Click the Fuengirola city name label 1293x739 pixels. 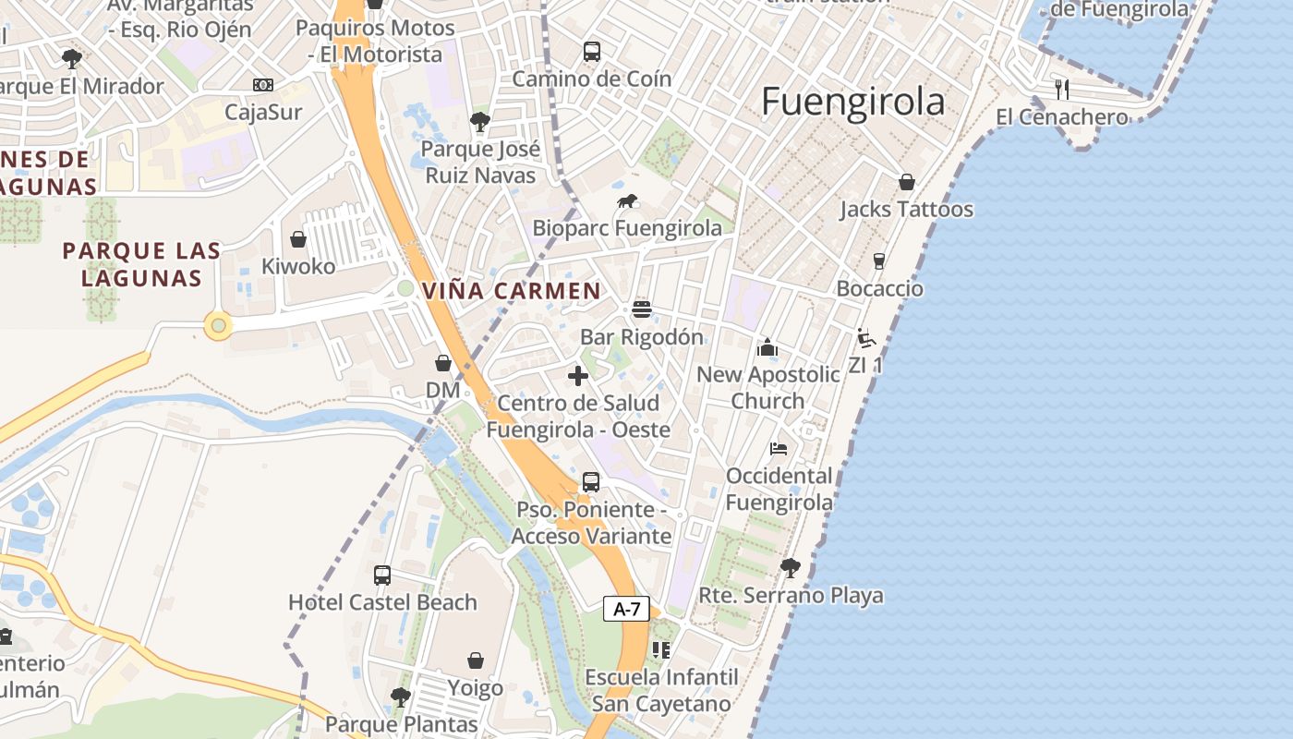(x=852, y=102)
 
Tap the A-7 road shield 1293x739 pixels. (x=627, y=609)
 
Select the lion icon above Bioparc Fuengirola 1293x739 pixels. (x=627, y=201)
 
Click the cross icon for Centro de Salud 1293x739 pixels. (x=578, y=376)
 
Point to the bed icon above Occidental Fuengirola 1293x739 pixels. (x=779, y=449)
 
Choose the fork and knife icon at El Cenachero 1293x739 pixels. (x=1062, y=89)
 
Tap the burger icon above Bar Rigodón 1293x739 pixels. (x=642, y=309)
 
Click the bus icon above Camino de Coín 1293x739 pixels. (x=592, y=52)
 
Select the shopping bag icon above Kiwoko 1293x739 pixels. (x=298, y=239)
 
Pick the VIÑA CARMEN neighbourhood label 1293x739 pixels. (x=512, y=291)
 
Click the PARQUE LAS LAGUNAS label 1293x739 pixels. (x=142, y=264)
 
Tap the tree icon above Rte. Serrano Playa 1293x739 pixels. (x=790, y=567)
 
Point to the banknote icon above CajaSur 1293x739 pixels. (x=263, y=85)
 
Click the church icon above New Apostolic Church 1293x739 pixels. (x=767, y=347)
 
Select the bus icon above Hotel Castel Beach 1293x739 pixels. (x=382, y=575)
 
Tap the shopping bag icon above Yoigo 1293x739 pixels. (x=476, y=660)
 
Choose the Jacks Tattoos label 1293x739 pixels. (x=906, y=210)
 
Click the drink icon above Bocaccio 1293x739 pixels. (x=879, y=260)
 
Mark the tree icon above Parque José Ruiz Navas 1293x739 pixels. (x=479, y=121)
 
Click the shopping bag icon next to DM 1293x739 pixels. (x=443, y=363)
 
